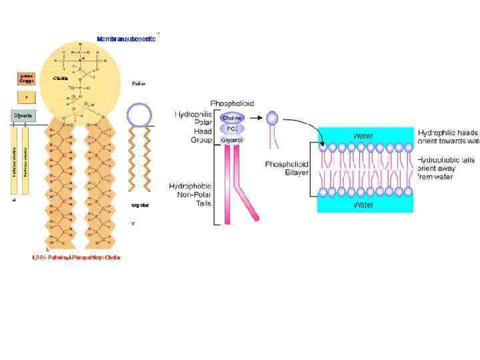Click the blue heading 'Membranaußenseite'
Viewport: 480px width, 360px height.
pyautogui.click(x=126, y=39)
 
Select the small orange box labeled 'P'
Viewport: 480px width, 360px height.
pyautogui.click(x=26, y=97)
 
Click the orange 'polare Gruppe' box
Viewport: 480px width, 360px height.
pyautogui.click(x=26, y=78)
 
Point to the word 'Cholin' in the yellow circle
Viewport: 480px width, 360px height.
pyautogui.click(x=62, y=78)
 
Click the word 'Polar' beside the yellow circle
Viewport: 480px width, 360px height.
pyautogui.click(x=139, y=84)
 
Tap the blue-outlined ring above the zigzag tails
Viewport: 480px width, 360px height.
pyautogui.click(x=140, y=115)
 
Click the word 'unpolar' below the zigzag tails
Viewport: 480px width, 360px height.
pyautogui.click(x=139, y=206)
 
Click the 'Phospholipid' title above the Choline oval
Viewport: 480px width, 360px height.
pyautogui.click(x=231, y=103)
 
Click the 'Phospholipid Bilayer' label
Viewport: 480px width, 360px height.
pyautogui.click(x=285, y=168)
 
